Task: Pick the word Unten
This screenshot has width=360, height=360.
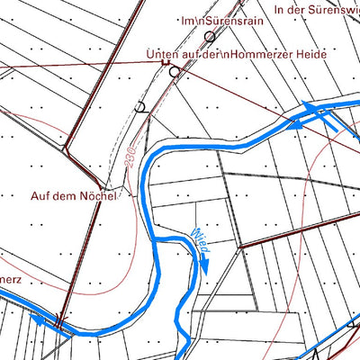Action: tap(162, 57)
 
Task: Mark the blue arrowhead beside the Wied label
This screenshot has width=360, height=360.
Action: tap(204, 265)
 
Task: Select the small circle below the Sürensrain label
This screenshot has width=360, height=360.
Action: tap(210, 36)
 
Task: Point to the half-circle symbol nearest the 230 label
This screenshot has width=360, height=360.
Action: tap(139, 107)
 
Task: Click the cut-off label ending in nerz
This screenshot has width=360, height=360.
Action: tap(11, 279)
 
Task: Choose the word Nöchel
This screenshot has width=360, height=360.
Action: tap(98, 195)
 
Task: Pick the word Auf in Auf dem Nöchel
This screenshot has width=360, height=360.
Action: tap(40, 195)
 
